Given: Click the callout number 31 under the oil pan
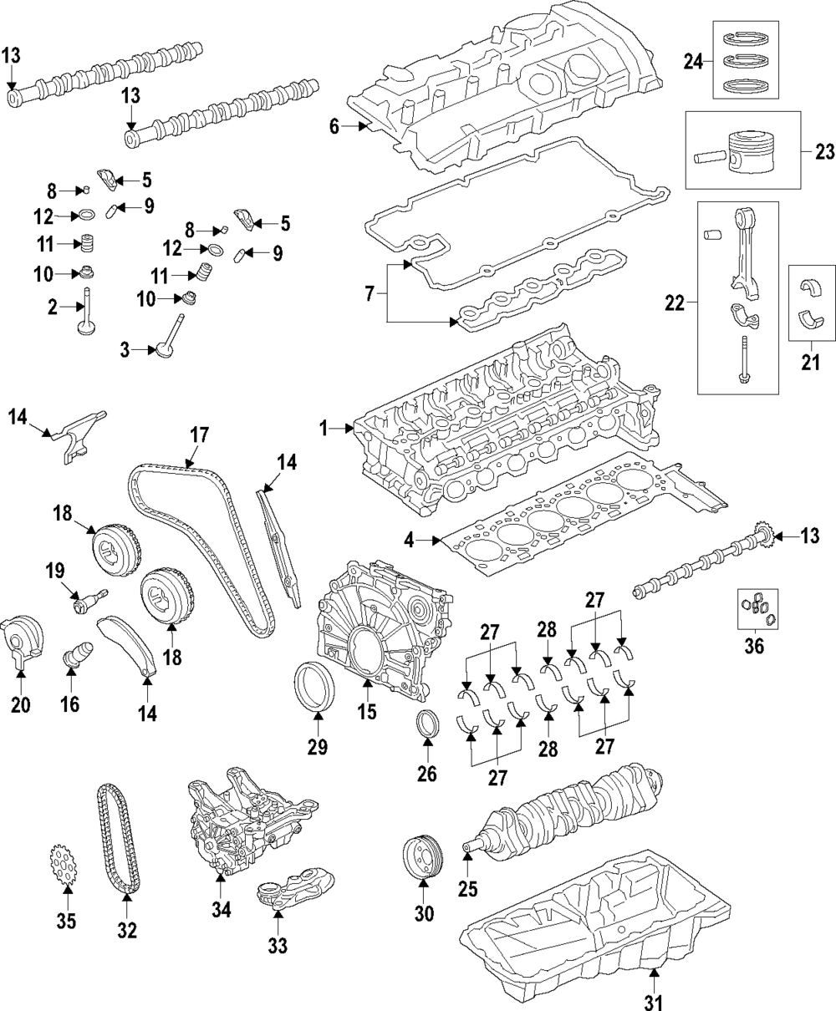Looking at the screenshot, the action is click(x=654, y=1002).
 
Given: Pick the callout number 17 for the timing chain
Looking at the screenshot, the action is click(x=199, y=436).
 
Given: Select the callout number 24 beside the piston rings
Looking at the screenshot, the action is click(x=693, y=62).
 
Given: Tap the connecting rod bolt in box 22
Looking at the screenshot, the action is click(x=742, y=360).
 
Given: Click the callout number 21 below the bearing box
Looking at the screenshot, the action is click(x=810, y=362).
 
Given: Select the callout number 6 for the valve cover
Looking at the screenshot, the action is click(x=334, y=126).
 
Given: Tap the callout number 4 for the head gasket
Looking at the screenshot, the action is click(x=410, y=541).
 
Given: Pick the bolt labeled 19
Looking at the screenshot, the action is click(x=90, y=600).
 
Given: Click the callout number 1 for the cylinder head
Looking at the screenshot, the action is click(x=324, y=428).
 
